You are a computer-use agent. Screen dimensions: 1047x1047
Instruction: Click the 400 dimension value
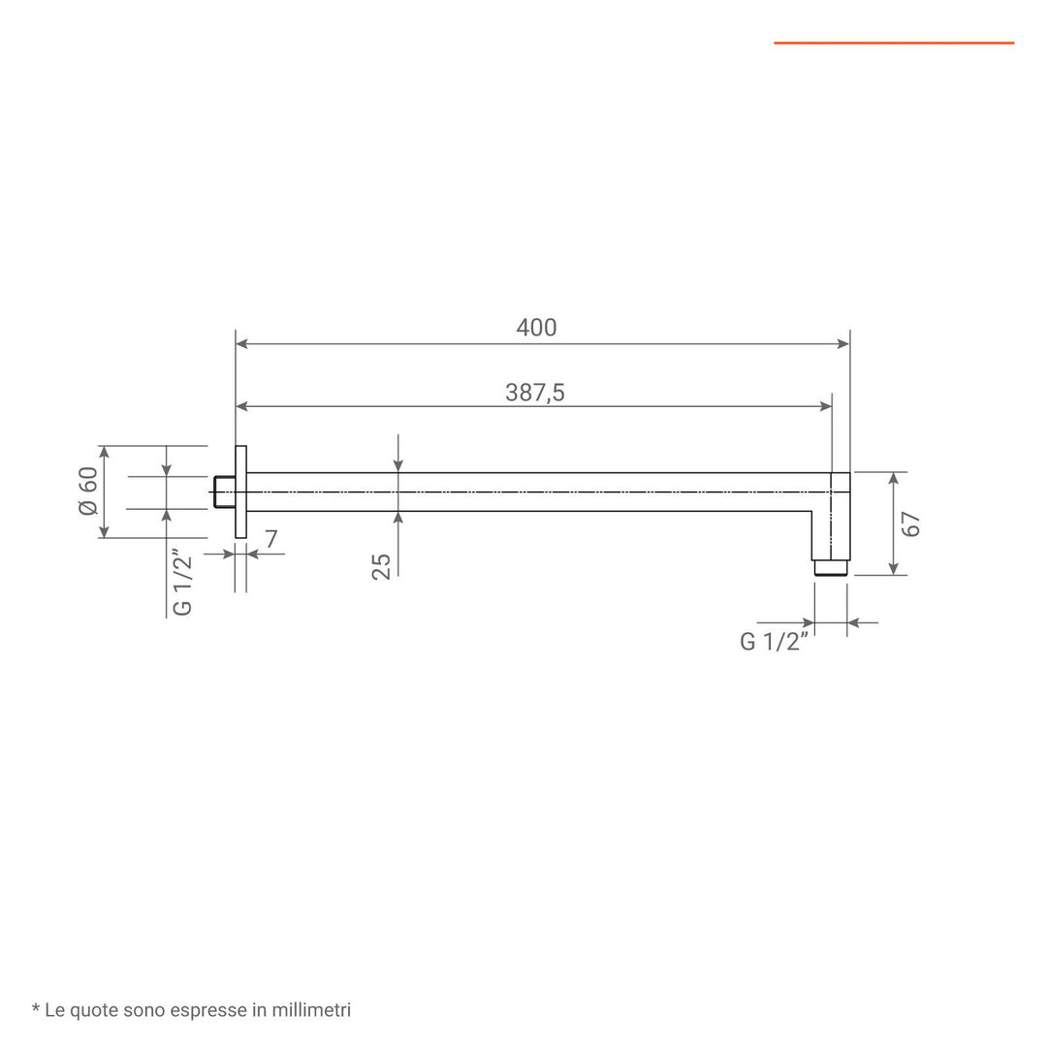[x=536, y=328]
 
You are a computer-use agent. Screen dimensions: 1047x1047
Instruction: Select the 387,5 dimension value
[x=535, y=392]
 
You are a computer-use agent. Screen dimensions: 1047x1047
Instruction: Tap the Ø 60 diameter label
[x=88, y=492]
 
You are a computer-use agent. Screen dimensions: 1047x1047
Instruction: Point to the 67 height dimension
[x=911, y=523]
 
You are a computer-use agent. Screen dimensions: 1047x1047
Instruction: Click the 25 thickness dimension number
[x=381, y=565]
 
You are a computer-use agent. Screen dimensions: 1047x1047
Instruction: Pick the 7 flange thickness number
[x=271, y=540]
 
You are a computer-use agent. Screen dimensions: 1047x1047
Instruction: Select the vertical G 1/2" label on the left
[x=182, y=582]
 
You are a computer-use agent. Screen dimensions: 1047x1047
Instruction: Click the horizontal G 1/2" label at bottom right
[x=774, y=642]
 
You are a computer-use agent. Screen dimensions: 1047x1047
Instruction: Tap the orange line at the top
[x=893, y=43]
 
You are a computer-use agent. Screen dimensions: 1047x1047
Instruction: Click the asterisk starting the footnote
[x=36, y=1010]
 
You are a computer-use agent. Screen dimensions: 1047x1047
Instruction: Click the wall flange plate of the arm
[x=241, y=492]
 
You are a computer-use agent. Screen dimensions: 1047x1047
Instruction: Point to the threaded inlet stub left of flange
[x=223, y=492]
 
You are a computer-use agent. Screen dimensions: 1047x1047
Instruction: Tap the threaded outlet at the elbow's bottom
[x=831, y=568]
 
